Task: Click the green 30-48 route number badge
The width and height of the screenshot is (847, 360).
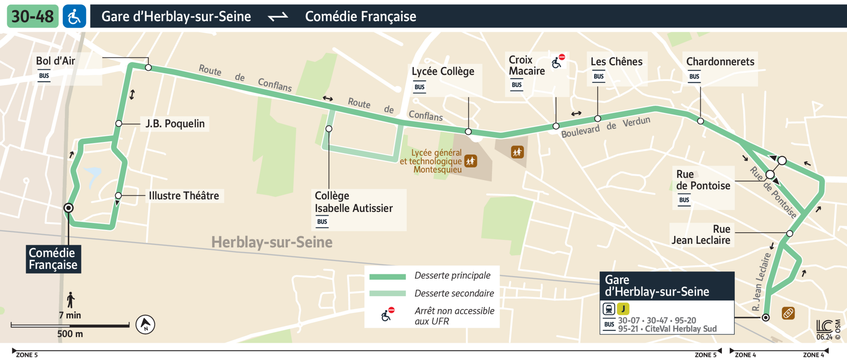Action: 32,16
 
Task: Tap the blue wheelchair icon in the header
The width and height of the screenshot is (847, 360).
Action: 74,16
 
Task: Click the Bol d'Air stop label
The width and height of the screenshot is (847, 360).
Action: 55,61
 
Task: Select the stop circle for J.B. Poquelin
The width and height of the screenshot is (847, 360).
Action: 119,124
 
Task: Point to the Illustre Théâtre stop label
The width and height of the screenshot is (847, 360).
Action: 184,196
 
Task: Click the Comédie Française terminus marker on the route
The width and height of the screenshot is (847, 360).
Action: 68,208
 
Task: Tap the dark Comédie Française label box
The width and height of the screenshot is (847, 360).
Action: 53,259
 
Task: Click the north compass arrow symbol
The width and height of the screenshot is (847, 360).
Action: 145,324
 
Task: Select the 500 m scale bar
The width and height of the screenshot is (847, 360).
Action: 70,325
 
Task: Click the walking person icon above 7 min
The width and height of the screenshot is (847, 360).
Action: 70,300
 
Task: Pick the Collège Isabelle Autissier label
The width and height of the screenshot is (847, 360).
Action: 353,202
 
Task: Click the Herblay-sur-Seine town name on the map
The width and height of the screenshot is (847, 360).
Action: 272,242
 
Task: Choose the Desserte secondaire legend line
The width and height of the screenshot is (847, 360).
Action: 387,293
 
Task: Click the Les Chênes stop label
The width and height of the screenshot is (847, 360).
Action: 616,62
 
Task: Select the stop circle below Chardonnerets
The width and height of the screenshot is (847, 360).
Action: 700,121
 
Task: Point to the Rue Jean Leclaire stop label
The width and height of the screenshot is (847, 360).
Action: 701,235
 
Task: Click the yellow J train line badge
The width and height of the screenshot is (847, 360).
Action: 623,309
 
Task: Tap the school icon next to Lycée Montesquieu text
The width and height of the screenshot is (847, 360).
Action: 470,161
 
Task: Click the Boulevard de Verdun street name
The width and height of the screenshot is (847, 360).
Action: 605,127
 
